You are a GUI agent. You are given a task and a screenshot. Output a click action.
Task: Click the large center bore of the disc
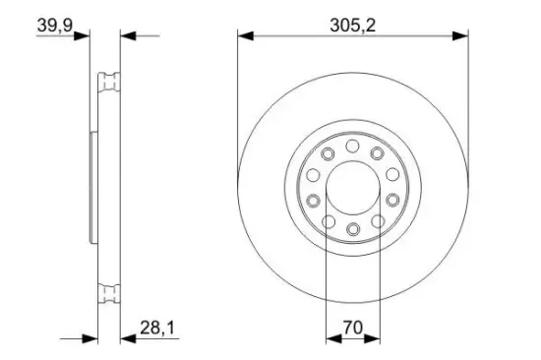tap(351, 188)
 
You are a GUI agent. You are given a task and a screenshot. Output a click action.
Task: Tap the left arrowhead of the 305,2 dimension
tap(245, 36)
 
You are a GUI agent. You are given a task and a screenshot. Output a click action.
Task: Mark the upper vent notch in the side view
tap(109, 83)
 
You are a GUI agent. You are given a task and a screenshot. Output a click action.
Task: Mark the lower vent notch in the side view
tap(109, 292)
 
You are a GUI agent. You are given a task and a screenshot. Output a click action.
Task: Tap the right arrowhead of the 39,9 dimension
tap(127, 36)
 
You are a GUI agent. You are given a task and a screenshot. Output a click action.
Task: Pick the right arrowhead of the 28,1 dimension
tap(127, 337)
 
